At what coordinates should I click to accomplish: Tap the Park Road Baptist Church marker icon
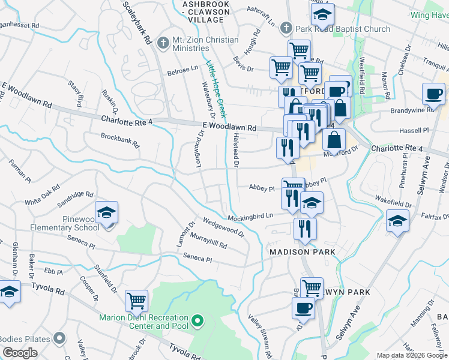[x=286, y=28]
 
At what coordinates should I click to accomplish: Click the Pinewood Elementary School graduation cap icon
[x=106, y=212]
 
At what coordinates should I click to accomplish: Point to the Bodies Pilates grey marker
[x=59, y=339]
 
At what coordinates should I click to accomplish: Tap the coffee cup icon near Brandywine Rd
[x=433, y=94]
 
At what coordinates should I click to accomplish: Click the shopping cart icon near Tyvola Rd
[x=137, y=300]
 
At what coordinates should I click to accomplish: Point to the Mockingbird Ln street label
[x=250, y=215]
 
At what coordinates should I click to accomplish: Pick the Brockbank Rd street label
[x=120, y=140]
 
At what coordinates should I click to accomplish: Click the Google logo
[x=19, y=353]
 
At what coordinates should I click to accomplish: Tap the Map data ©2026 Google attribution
[x=412, y=355]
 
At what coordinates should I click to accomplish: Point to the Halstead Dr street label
[x=236, y=151]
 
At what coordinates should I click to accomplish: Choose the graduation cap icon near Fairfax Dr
[x=397, y=221]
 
